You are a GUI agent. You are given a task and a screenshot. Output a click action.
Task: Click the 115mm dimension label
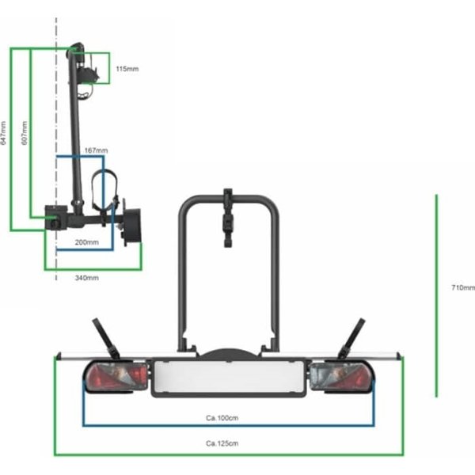127,69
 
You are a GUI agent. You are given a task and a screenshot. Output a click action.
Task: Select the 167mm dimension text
96,150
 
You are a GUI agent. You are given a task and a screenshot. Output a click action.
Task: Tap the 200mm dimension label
86,242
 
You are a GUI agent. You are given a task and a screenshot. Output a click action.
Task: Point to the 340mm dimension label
86,278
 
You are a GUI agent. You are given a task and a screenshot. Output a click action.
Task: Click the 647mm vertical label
3,133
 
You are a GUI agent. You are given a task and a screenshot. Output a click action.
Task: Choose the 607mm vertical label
25,133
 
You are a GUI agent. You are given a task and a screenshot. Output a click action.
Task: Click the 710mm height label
463,287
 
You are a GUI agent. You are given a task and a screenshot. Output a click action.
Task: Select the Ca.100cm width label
222,418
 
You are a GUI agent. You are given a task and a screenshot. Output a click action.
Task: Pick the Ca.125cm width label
222,443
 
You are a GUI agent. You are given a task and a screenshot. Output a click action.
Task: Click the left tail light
116,377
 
